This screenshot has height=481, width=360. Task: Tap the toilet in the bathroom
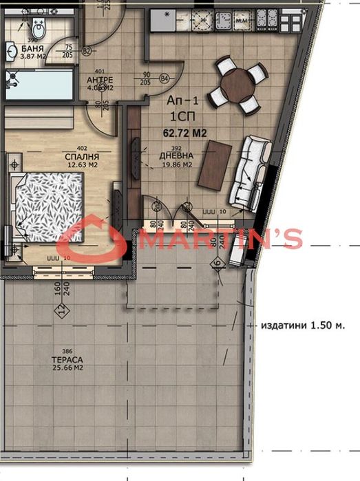pyautogui.click(x=39, y=28)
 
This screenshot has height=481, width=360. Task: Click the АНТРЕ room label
pyautogui.click(x=100, y=79)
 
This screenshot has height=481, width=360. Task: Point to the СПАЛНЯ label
pyautogui.click(x=81, y=156)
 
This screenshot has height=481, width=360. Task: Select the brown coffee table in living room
pyautogui.click(x=214, y=163)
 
